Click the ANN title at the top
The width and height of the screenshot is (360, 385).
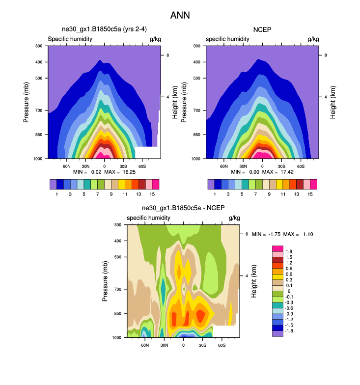(180, 15)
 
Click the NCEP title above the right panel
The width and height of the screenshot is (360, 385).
(262, 30)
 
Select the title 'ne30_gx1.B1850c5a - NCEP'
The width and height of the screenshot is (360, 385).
(182, 208)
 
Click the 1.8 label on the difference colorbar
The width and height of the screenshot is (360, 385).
(288, 251)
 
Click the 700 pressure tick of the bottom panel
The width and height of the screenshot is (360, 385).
(118, 290)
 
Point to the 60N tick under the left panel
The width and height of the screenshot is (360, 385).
(67, 166)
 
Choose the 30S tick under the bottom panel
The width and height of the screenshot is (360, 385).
(202, 345)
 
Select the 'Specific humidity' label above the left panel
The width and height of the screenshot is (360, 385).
(69, 39)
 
